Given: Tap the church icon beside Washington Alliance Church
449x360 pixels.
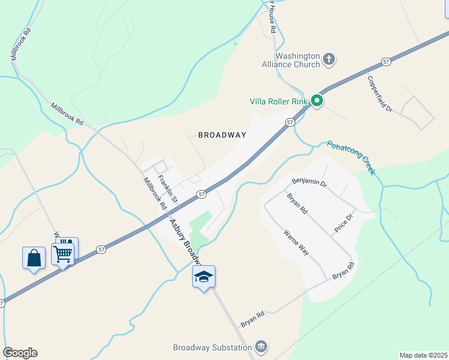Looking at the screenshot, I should pos(328,59).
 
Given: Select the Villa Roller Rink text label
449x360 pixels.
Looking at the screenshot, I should pos(279,101).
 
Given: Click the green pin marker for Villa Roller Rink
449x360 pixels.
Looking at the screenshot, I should pos(316,101).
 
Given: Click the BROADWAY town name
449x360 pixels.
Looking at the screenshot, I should pos(222,135).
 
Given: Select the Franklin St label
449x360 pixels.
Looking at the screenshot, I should pos(168,187).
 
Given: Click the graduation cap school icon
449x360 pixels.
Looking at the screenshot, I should pos(203,277).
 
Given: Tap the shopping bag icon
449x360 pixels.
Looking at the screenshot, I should pos(34,258).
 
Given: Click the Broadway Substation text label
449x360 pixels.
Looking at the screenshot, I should pos(211,347).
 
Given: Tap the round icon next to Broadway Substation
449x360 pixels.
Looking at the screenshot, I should pos(261,346).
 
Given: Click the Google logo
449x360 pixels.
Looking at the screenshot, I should pos(20,353).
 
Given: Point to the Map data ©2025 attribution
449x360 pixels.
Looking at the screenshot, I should pos(423,355).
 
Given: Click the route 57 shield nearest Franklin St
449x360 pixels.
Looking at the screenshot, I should pos(202,194).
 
